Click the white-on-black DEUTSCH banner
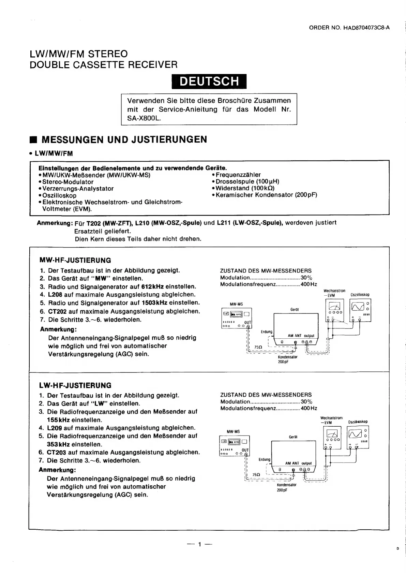coord(209,81)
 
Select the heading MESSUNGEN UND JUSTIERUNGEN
coord(124,139)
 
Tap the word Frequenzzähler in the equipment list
coord(238,175)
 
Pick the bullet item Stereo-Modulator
coord(68,182)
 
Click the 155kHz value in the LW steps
coord(58,420)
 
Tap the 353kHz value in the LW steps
coord(58,444)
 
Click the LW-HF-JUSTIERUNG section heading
coord(75,385)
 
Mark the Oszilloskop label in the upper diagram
coord(360,295)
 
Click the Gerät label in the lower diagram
coord(293,437)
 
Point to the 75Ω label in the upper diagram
coord(258,347)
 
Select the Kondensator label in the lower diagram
coord(286,485)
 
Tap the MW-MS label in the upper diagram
coord(236,304)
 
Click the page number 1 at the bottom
coord(200,544)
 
